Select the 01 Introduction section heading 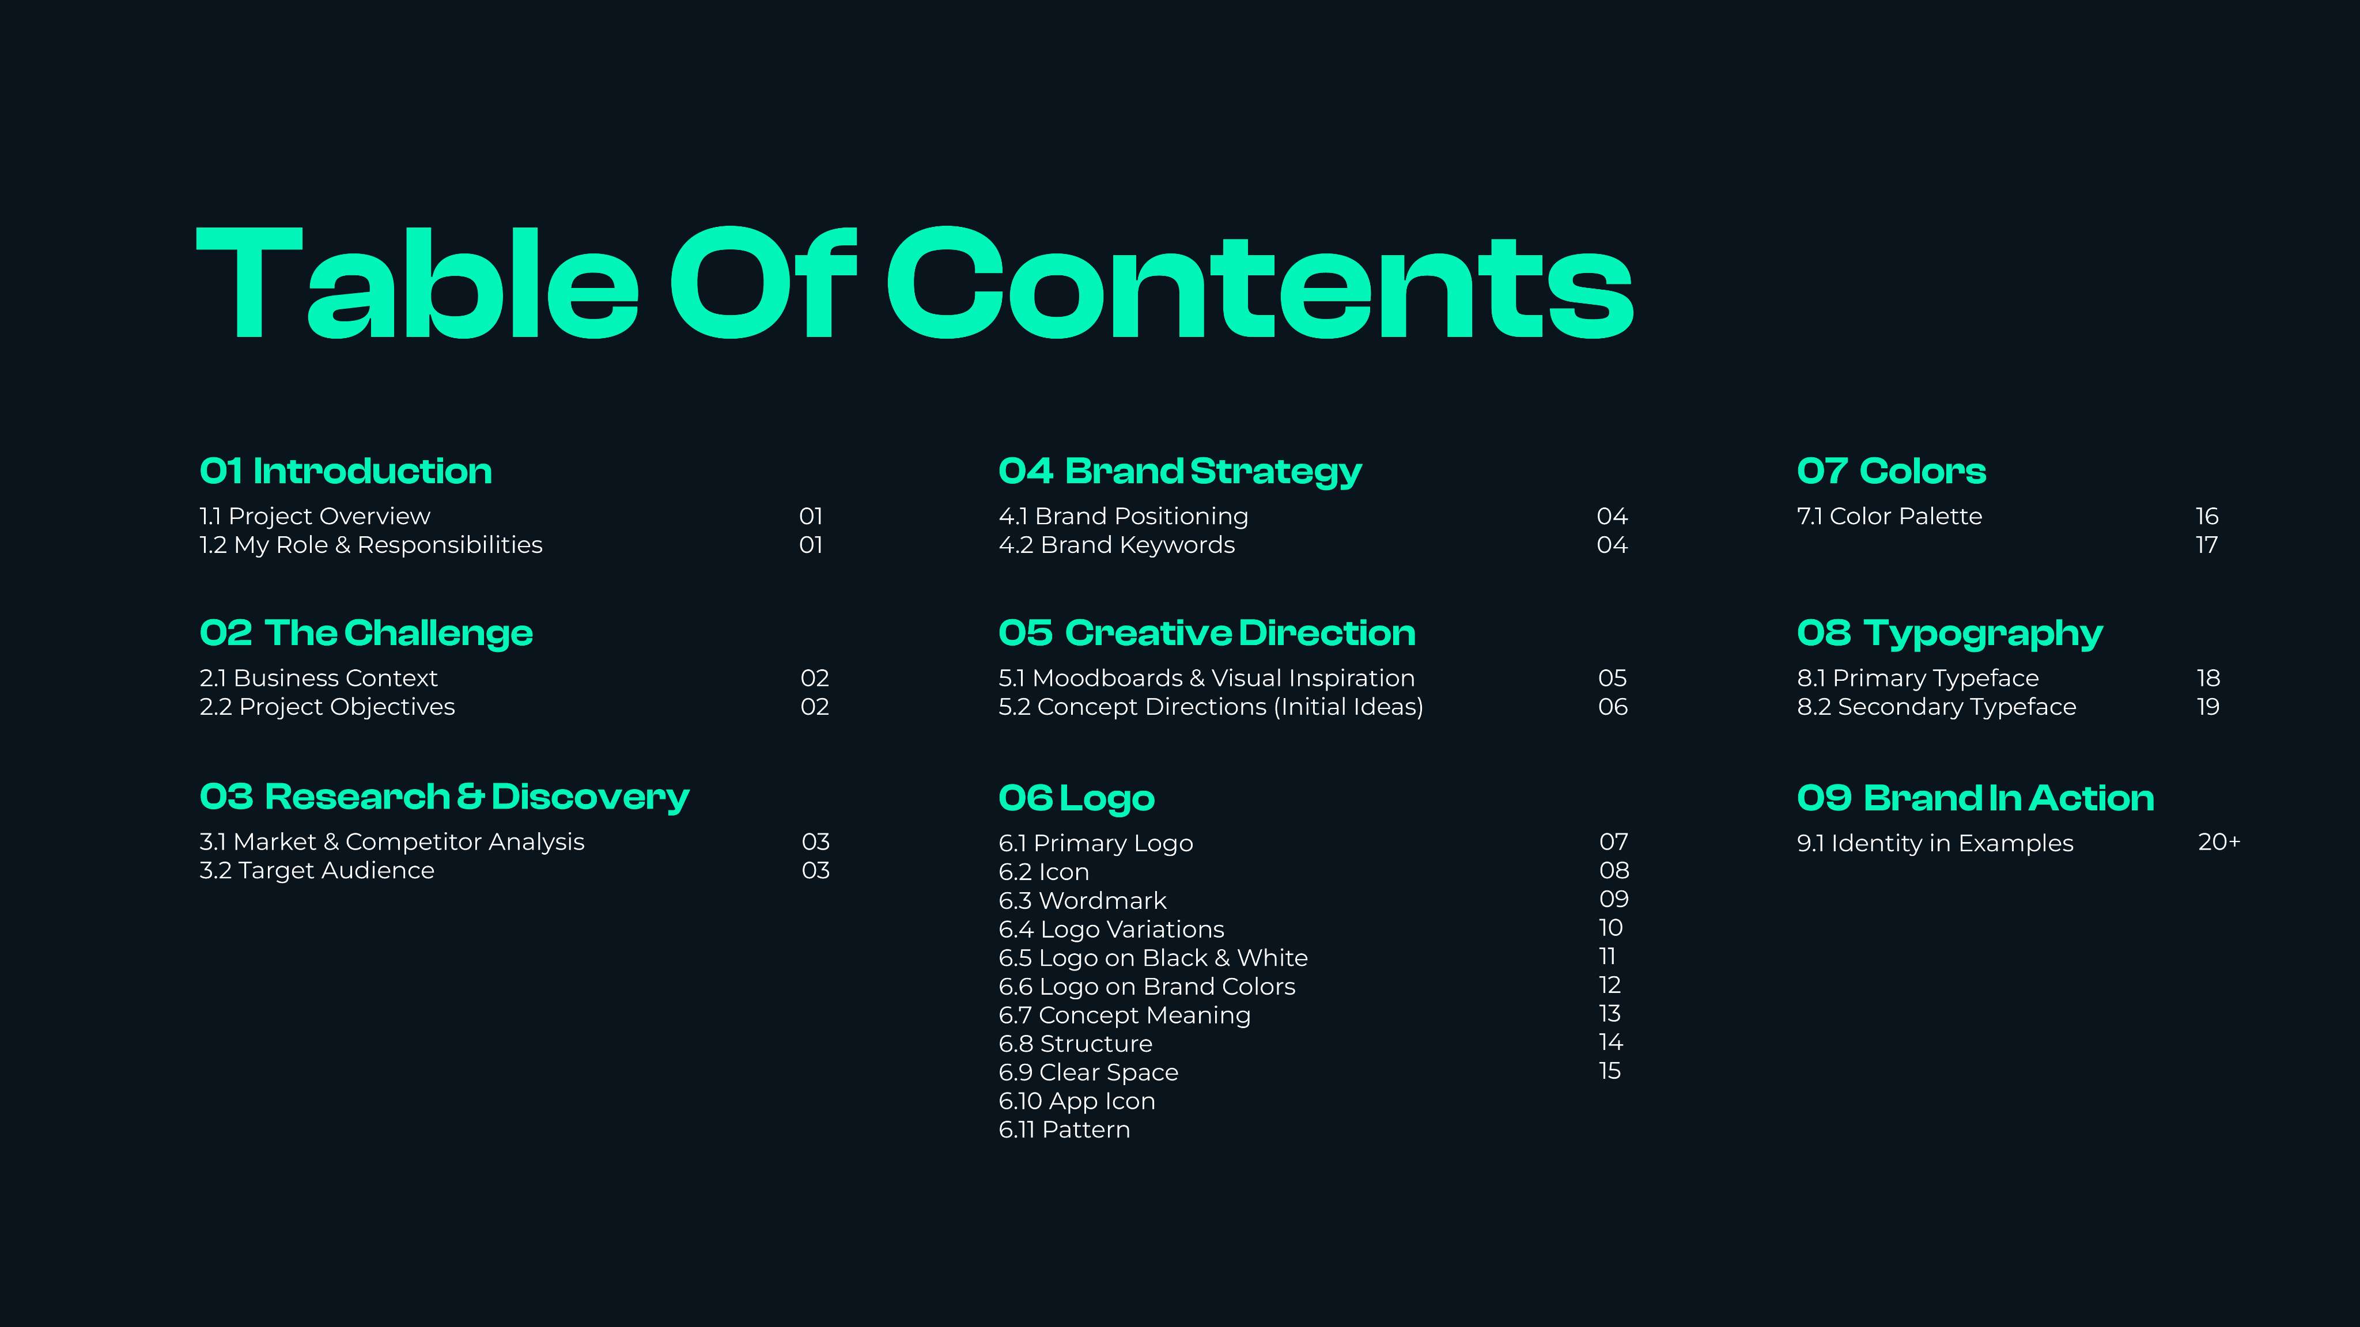345,471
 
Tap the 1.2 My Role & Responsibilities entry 371,545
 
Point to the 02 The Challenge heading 365,633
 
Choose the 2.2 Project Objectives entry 327,707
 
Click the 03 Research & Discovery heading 444,797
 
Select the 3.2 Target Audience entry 317,870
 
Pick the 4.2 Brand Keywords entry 1117,545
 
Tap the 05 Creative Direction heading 1207,633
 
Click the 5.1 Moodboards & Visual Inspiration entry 1207,678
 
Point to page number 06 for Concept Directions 1613,707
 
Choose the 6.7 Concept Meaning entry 1124,1015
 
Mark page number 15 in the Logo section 1610,1071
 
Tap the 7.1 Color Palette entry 1889,517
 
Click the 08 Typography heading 1950,634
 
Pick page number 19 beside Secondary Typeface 2208,707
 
